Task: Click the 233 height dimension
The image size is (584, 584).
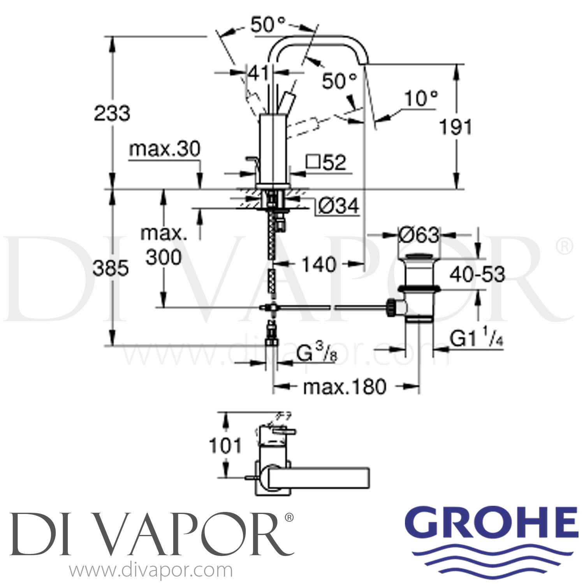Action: pos(112,113)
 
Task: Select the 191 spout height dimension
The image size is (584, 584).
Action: pos(455,127)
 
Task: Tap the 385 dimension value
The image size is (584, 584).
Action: pos(111,268)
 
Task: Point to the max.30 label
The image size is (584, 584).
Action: pos(165,149)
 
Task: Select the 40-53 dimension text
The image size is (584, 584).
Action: pos(477,274)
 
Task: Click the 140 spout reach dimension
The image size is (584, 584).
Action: pos(319,265)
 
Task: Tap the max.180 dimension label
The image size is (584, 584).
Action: pos(345,387)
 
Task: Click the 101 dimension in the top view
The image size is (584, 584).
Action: pos(225,445)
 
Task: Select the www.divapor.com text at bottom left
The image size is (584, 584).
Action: pos(151,571)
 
